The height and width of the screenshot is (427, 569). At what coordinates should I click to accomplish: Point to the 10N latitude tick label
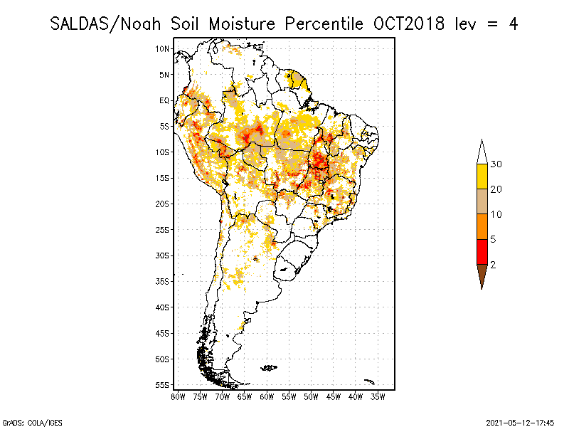coord(163,48)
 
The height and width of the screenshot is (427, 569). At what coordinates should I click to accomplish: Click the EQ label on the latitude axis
coord(164,100)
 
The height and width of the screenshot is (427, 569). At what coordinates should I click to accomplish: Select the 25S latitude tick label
coord(163,229)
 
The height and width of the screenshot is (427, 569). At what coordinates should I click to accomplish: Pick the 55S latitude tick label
coord(163,384)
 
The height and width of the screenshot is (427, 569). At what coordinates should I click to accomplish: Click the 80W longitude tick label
coord(178,396)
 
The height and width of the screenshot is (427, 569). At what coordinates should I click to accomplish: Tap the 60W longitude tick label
coord(267,396)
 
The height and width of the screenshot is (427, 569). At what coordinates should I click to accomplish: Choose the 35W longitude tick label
coord(378,396)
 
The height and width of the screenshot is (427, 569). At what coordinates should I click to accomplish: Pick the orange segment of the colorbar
coord(482,226)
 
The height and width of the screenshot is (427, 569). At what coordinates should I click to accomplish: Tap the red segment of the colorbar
coord(482,251)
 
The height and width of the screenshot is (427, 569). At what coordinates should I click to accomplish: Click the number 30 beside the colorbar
coord(496,164)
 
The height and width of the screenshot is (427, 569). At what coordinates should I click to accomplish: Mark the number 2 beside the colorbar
coord(493,264)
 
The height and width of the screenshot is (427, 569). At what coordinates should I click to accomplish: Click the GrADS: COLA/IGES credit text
coord(23,422)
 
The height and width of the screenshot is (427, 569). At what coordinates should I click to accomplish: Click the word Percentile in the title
coord(324,23)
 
